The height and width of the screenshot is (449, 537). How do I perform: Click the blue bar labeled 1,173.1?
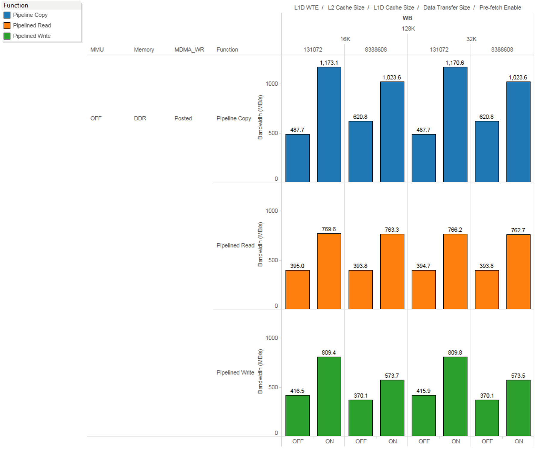pyautogui.click(x=329, y=124)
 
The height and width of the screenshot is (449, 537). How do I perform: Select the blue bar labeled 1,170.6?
pyautogui.click(x=455, y=124)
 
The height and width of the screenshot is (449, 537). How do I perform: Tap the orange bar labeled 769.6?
pyautogui.click(x=329, y=271)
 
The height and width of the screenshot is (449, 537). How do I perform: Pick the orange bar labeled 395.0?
pyautogui.click(x=297, y=289)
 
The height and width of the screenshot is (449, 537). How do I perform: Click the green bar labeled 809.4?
pyautogui.click(x=329, y=396)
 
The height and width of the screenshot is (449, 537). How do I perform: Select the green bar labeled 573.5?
pyautogui.click(x=518, y=408)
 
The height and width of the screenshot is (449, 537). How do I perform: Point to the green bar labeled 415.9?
pyautogui.click(x=424, y=416)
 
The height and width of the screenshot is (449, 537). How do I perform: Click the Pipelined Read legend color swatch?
pyautogui.click(x=7, y=26)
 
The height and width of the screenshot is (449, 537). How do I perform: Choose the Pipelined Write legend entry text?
pyautogui.click(x=32, y=36)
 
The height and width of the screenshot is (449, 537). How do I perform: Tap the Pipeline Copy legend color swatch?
pyautogui.click(x=7, y=15)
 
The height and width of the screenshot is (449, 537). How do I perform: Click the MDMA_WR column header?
pyautogui.click(x=189, y=50)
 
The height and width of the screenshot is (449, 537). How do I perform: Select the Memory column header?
pyautogui.click(x=144, y=50)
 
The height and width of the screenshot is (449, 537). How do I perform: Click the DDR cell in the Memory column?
pyautogui.click(x=140, y=118)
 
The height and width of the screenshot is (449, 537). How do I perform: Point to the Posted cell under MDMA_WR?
pyautogui.click(x=183, y=118)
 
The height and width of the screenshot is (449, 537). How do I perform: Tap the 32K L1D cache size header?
pyautogui.click(x=471, y=39)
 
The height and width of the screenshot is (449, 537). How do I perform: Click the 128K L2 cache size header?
pyautogui.click(x=408, y=29)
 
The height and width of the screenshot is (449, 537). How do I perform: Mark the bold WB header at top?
pyautogui.click(x=407, y=18)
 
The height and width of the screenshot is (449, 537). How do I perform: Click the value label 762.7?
pyautogui.click(x=518, y=230)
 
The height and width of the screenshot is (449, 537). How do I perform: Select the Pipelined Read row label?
pyautogui.click(x=235, y=245)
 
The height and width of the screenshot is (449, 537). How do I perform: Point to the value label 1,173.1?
pyautogui.click(x=329, y=63)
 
